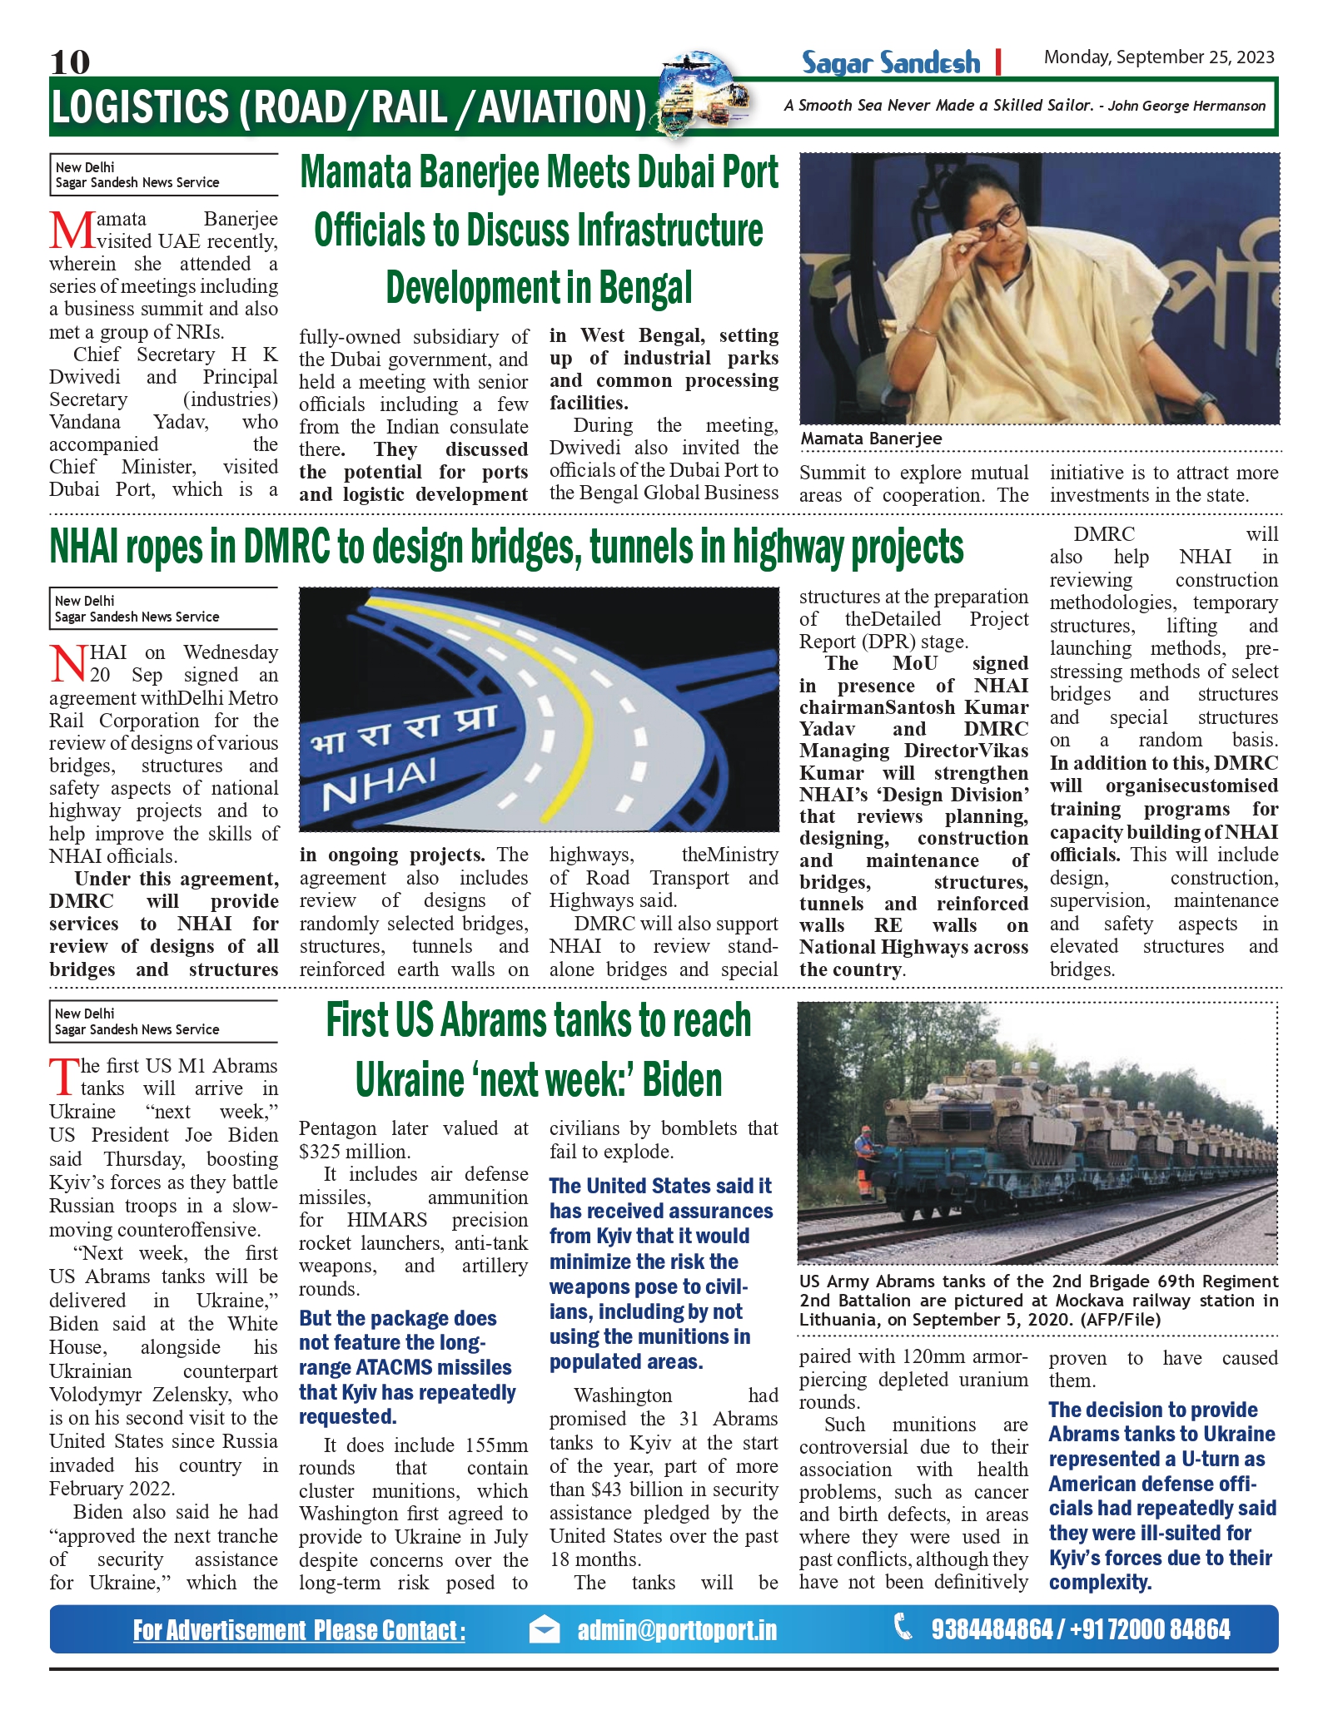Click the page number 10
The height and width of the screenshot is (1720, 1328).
69,62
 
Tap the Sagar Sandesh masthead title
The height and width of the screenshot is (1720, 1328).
890,62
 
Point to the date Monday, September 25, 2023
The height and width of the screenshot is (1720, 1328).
1159,57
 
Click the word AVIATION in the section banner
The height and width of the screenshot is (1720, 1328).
561,107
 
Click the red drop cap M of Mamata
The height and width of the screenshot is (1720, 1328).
71,230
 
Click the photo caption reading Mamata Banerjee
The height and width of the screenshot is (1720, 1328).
871,439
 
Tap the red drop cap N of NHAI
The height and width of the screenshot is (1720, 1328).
68,663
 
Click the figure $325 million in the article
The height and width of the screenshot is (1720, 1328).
354,1152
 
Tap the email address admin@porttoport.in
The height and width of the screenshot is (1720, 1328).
677,1630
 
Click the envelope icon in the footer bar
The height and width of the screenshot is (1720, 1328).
545,1629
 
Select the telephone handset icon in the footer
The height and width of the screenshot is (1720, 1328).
903,1627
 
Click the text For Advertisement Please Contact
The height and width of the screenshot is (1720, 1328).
299,1631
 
